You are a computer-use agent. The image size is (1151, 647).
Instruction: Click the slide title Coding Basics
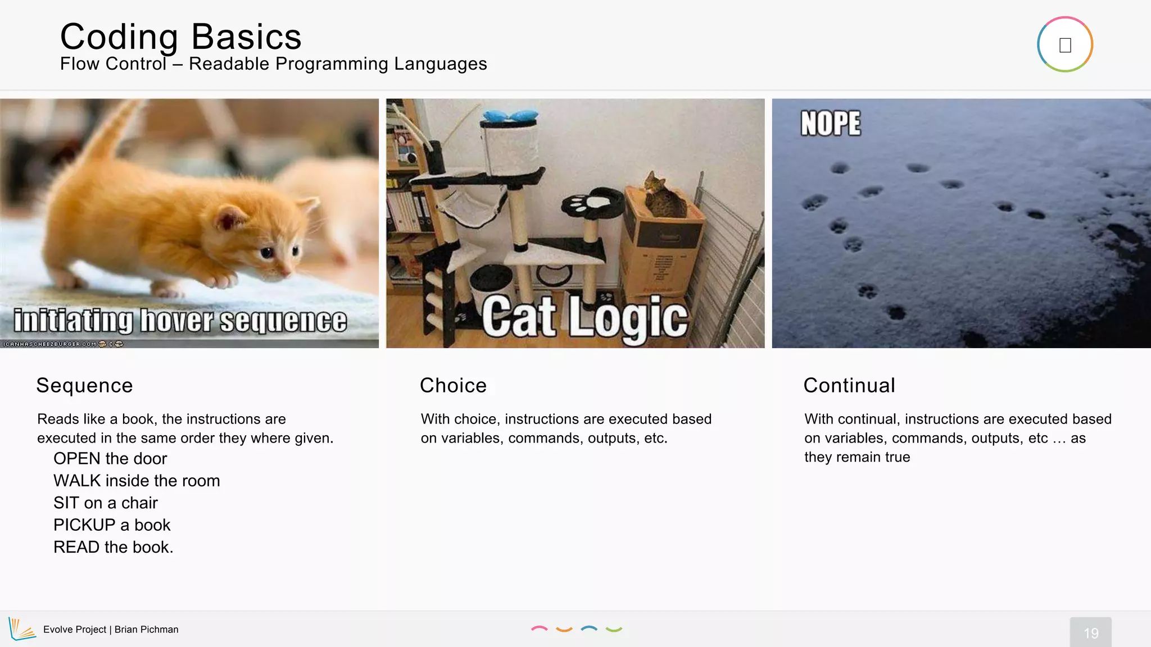click(x=180, y=37)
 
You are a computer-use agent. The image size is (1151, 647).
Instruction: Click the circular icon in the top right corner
click(x=1064, y=45)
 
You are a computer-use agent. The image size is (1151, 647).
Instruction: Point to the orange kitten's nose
click(x=287, y=271)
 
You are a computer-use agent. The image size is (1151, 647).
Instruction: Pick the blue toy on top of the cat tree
click(x=509, y=116)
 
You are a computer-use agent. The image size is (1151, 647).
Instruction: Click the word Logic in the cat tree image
click(x=628, y=318)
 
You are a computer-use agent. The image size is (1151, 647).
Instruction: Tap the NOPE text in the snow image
click(x=830, y=123)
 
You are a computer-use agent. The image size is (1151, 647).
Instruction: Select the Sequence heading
click(x=84, y=386)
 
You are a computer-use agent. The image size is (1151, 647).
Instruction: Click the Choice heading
click(x=453, y=386)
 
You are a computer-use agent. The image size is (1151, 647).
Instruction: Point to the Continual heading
click(x=849, y=386)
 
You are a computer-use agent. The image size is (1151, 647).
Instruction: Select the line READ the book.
click(x=113, y=548)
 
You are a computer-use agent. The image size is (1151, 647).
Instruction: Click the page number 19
click(x=1090, y=633)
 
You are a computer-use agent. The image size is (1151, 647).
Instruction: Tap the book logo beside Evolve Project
click(x=22, y=629)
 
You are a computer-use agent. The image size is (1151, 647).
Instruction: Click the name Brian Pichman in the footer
click(x=146, y=630)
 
